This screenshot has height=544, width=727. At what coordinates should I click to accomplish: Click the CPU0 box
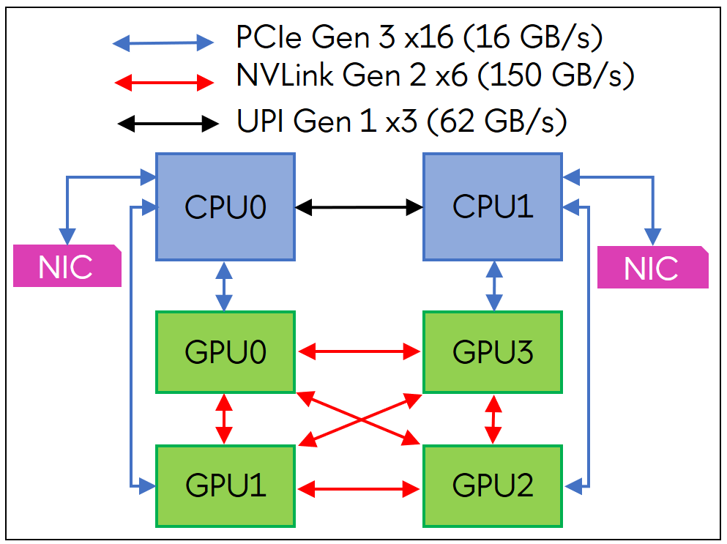coord(225,206)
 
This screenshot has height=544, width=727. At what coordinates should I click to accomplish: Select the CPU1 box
coord(493,206)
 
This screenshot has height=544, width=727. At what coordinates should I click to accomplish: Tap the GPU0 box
coord(225,352)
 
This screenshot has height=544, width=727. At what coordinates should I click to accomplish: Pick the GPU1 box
coord(225,485)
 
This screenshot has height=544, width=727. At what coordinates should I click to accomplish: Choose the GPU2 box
coord(493,485)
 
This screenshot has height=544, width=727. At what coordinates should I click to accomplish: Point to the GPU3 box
coord(493,352)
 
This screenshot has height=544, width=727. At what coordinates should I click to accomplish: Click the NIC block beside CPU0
coord(66,266)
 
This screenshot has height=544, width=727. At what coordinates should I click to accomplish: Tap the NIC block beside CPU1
coord(652,267)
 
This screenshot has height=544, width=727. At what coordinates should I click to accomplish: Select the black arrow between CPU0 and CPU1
coord(359,207)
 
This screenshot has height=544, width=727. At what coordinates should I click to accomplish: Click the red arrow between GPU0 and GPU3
coord(359,352)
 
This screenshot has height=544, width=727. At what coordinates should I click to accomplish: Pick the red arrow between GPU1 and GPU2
coord(359,486)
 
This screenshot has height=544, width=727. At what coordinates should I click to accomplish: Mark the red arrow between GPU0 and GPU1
coord(225,419)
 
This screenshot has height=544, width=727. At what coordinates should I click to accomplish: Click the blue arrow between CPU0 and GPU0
coord(225,286)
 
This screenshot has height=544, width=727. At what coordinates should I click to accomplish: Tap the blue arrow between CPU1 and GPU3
coord(495,286)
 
